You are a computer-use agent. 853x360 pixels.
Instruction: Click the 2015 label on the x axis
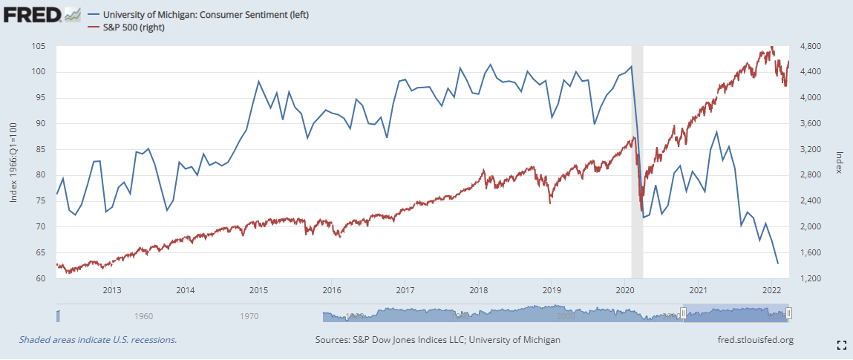[x=258, y=290]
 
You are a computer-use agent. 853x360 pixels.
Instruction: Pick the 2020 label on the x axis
[x=624, y=290]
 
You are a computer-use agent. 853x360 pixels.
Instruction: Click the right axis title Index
[x=839, y=163]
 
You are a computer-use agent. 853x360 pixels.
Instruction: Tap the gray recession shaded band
[x=637, y=148]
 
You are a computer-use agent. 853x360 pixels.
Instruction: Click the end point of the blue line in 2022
[x=777, y=264]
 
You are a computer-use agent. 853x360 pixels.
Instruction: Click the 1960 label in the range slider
[x=144, y=316]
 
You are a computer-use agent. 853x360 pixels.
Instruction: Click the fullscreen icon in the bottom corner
[x=842, y=344]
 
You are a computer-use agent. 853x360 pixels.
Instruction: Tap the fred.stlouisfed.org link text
[x=752, y=340]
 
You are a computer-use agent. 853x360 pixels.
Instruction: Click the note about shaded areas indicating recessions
[x=98, y=340]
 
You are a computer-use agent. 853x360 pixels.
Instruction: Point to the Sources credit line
[x=437, y=340]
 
